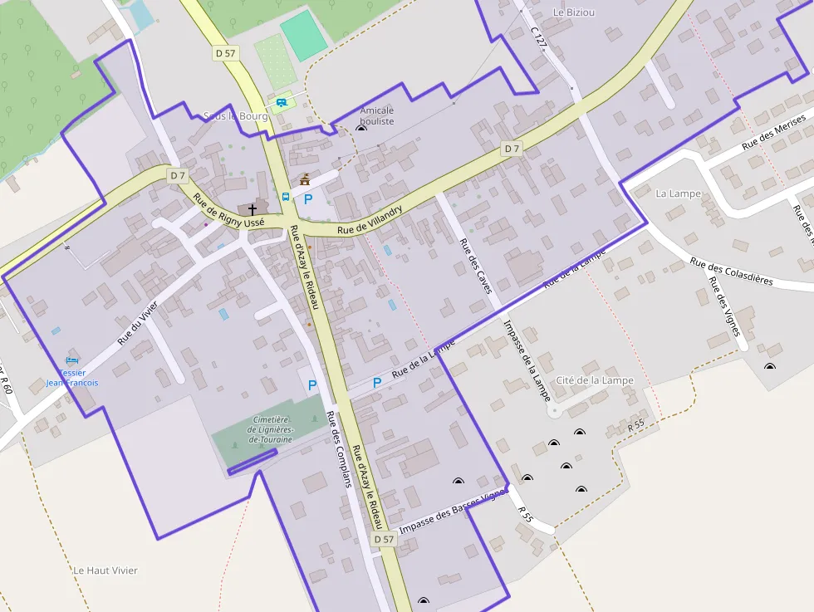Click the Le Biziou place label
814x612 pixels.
click(x=574, y=12)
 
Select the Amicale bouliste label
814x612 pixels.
click(x=377, y=115)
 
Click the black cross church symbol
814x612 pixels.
click(x=253, y=209)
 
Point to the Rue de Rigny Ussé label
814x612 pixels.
click(x=228, y=211)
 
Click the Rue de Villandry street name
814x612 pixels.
click(x=370, y=219)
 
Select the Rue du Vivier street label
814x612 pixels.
click(x=137, y=323)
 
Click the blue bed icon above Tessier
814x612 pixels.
click(x=71, y=361)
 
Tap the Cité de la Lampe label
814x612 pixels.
click(x=595, y=380)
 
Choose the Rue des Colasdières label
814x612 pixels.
click(x=731, y=271)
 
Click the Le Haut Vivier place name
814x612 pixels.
click(x=105, y=570)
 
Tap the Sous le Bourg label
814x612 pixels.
click(x=236, y=116)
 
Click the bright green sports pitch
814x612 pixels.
click(x=303, y=36)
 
